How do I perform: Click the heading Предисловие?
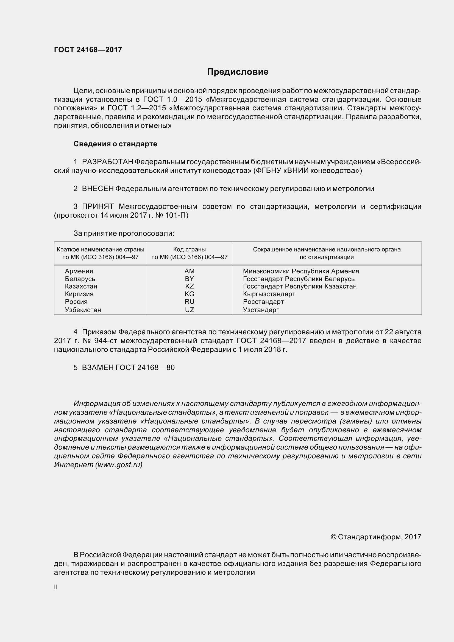238,72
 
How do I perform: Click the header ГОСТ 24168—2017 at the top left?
88,50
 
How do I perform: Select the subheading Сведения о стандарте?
115,144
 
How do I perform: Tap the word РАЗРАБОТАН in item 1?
107,162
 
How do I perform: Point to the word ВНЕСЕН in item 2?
98,189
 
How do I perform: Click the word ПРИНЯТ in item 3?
98,207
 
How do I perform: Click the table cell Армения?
79,271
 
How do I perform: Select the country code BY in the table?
190,279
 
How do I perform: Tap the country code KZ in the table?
190,286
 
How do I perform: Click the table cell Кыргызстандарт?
269,294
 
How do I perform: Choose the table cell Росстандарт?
263,302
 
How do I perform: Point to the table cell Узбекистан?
83,310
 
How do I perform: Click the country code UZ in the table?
190,310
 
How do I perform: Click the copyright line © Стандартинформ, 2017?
376,537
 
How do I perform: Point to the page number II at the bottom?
56,587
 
